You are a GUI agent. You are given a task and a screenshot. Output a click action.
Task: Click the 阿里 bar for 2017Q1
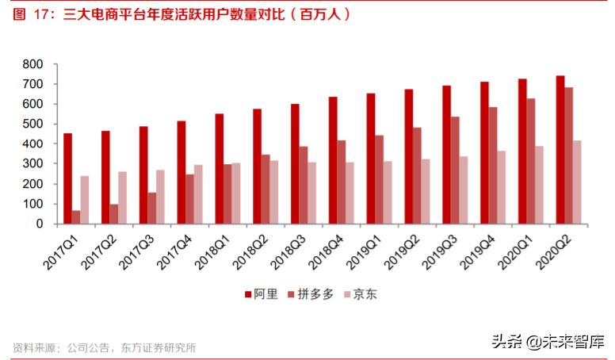coord(68,178)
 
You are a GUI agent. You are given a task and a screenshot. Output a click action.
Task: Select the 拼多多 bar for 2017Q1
coord(76,216)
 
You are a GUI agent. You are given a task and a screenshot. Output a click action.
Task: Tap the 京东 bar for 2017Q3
coord(160,197)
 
